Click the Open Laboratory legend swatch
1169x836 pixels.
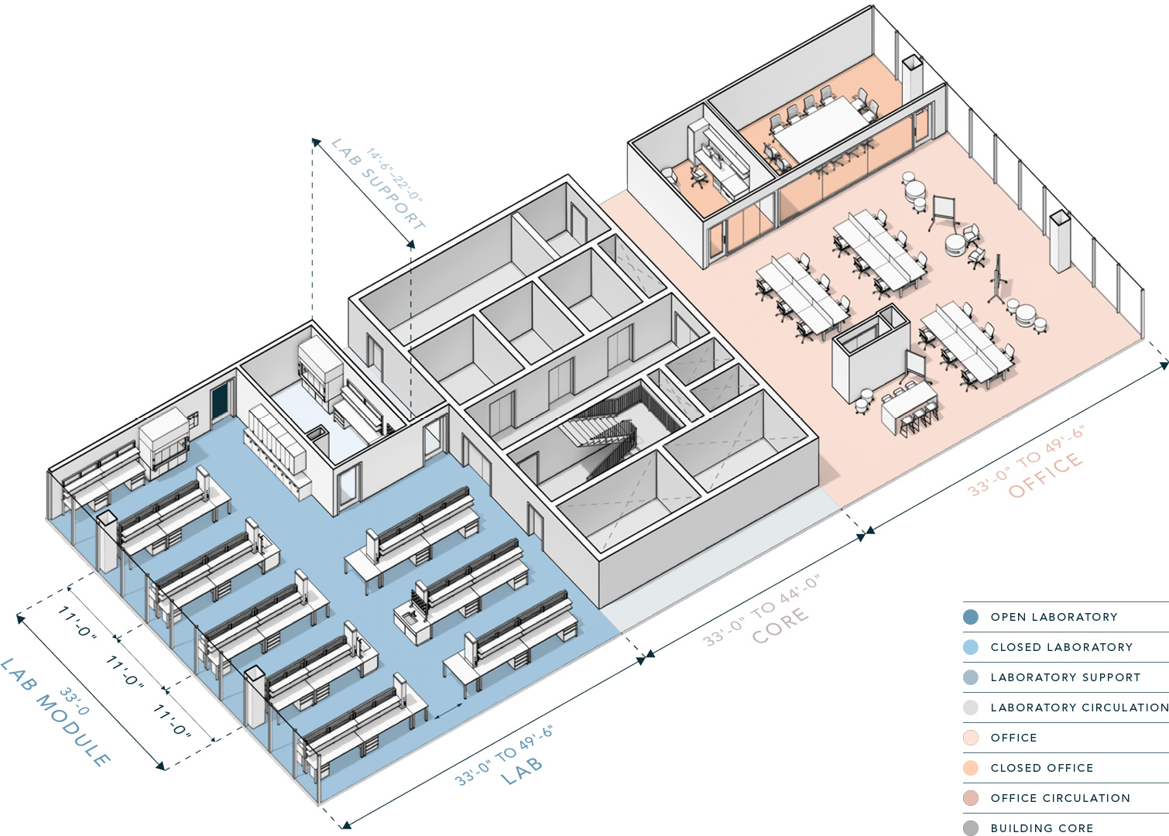tap(971, 617)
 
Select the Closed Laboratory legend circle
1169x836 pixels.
tap(971, 647)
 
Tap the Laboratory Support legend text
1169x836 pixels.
tap(1065, 677)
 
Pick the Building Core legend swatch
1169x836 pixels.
tap(971, 828)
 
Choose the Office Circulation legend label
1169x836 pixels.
tap(1060, 798)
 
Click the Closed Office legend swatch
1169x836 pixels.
tap(971, 768)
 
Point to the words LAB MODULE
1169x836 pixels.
tap(56, 713)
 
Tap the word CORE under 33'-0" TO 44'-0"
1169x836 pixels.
tap(780, 625)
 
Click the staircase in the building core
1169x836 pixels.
tap(600, 433)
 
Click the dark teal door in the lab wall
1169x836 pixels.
tap(221, 400)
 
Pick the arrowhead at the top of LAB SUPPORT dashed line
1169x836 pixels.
tap(315, 141)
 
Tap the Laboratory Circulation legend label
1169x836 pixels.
tap(1079, 708)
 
